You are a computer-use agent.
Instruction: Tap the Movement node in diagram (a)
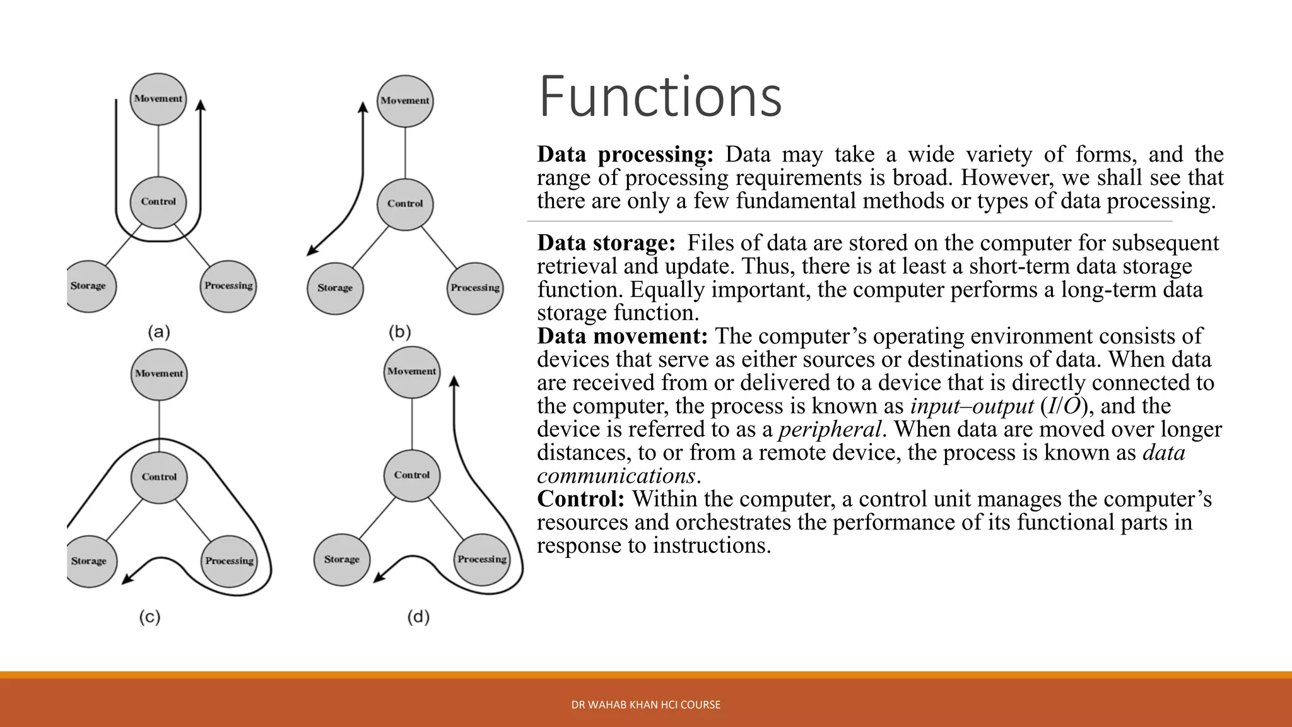(x=158, y=99)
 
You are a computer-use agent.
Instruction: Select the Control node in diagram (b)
(x=405, y=204)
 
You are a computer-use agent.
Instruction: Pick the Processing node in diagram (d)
(x=482, y=559)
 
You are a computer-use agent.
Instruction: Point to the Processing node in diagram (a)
(x=228, y=286)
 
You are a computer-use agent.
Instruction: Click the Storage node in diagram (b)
(x=335, y=288)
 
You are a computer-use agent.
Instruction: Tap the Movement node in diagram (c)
(x=159, y=374)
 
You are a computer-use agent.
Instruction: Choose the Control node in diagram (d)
(x=412, y=475)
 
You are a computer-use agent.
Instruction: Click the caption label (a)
(x=159, y=332)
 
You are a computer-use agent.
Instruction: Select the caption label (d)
(x=418, y=617)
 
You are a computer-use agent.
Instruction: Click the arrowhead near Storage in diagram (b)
(x=311, y=251)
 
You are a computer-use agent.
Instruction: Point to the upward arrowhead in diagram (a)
(x=201, y=105)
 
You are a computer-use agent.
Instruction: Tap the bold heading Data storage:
(x=606, y=243)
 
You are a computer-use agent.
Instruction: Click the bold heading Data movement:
(x=623, y=336)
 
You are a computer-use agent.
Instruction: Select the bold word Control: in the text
(x=580, y=499)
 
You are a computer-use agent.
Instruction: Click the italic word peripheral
(x=830, y=430)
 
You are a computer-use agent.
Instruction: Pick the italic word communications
(x=616, y=476)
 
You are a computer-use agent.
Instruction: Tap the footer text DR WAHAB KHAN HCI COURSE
(x=645, y=705)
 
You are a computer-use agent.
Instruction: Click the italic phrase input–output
(x=972, y=406)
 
